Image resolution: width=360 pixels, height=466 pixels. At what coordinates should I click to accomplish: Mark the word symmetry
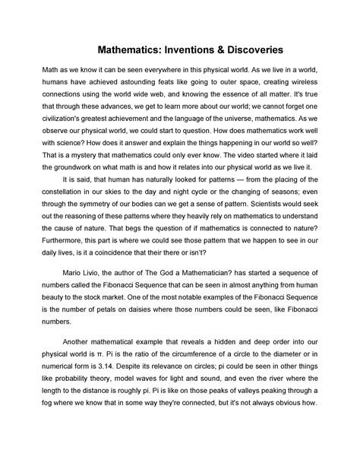click(109, 219)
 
